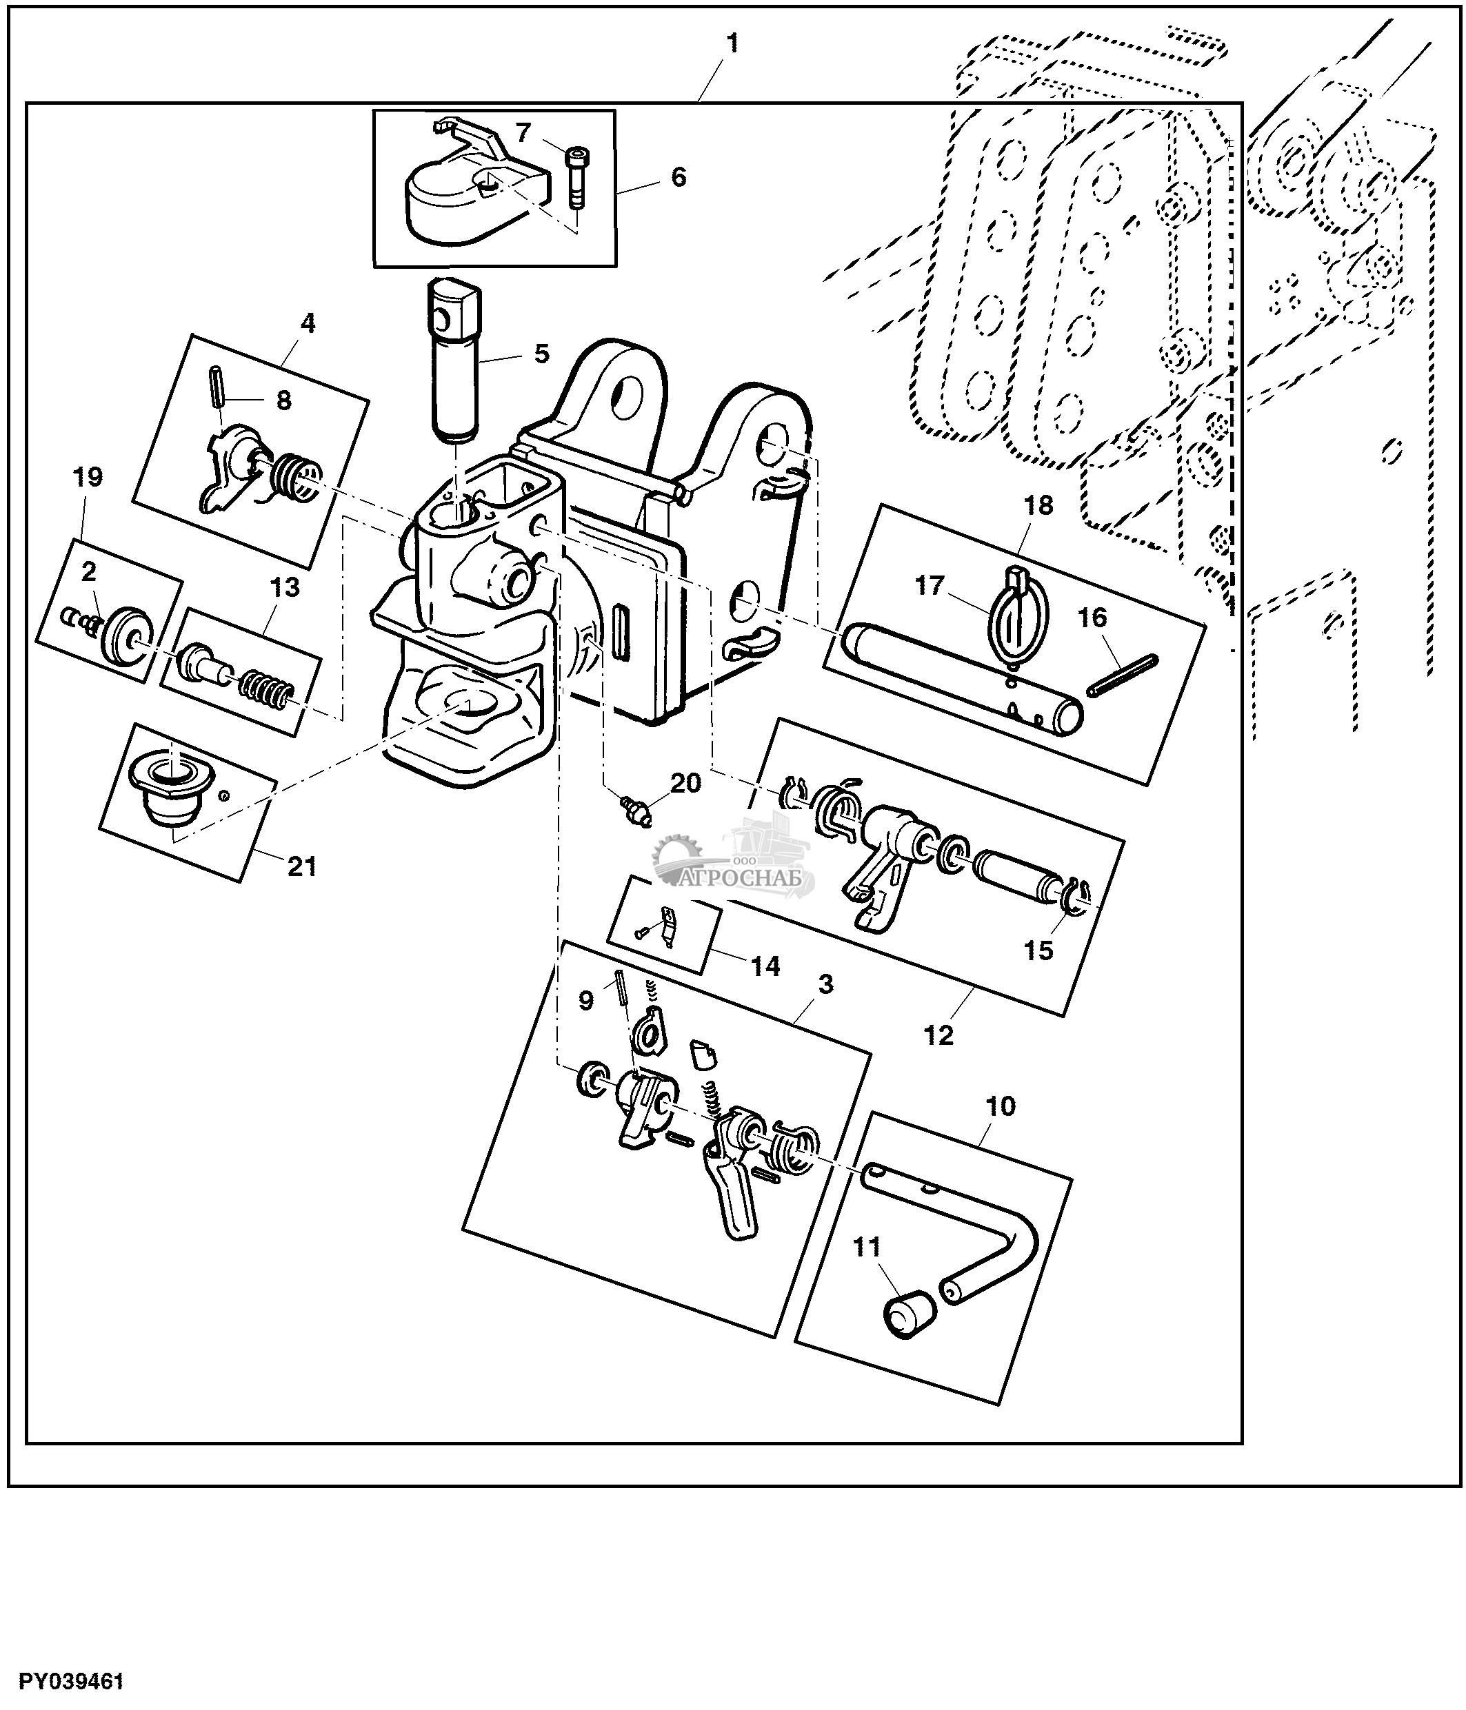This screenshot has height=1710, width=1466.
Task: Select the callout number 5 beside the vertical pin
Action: (x=541, y=354)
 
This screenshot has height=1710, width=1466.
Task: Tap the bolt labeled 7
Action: (x=575, y=176)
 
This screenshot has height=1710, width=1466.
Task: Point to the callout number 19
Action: (x=88, y=477)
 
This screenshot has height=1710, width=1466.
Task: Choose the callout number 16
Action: (x=1092, y=618)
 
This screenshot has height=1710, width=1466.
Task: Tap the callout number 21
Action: (x=302, y=866)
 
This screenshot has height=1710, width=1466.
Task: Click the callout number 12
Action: (x=938, y=1035)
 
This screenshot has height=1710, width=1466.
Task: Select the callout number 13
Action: (x=285, y=588)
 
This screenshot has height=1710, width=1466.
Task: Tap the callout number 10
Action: (x=1001, y=1106)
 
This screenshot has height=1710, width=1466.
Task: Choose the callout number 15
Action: (x=1038, y=950)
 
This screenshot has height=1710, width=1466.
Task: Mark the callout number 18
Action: (x=1038, y=505)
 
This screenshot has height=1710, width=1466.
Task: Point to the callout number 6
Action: (x=678, y=176)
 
